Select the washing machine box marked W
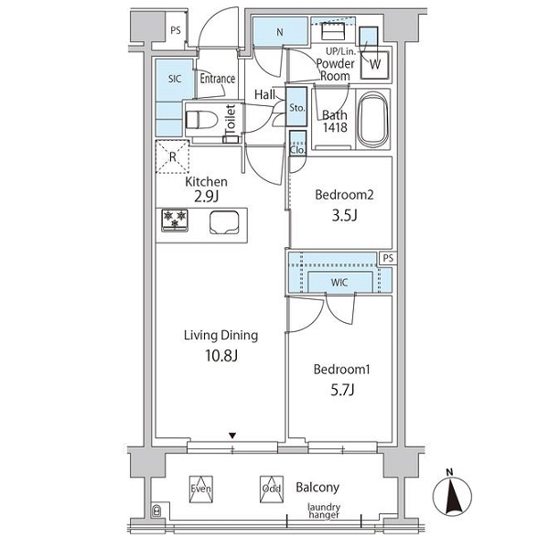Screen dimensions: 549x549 tap(375, 65)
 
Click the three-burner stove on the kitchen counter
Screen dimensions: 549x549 tap(175, 221)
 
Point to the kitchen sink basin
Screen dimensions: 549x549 tap(224, 222)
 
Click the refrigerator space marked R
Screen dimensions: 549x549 tap(172, 156)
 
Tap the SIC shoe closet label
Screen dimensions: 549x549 tap(175, 79)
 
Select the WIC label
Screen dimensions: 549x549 tap(339, 282)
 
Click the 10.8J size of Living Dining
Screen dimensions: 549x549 tap(221, 356)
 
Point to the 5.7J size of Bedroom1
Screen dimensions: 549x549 tap(343, 390)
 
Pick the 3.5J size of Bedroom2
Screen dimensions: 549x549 tap(344, 215)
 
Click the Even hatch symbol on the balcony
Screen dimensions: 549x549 tap(201, 490)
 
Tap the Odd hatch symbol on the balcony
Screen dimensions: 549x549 tap(272, 490)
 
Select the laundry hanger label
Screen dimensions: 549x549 tap(324, 511)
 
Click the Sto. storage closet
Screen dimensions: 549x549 tap(296, 106)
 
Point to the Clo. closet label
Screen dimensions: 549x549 tap(297, 150)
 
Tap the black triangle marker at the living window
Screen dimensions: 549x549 tap(232, 436)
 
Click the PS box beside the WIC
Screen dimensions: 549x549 tap(388, 258)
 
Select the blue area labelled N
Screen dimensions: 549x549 tap(280, 31)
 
